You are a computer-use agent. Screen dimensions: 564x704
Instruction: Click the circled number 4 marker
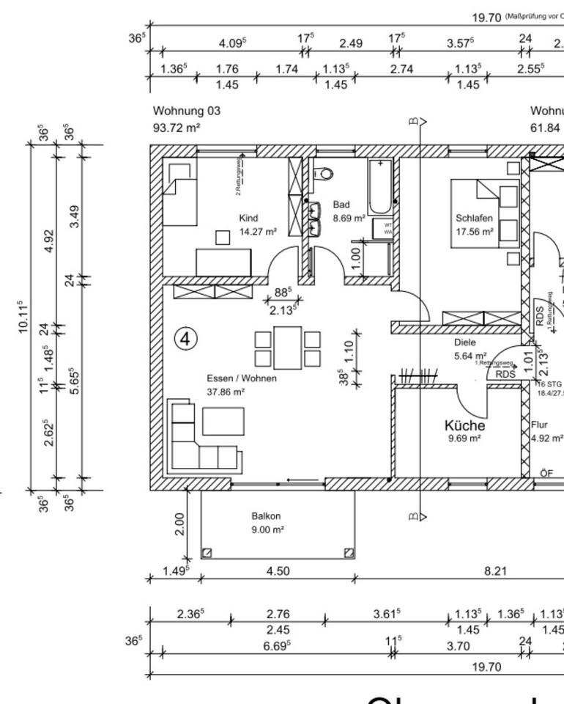(187, 339)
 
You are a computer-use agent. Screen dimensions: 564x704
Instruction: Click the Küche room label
(464, 425)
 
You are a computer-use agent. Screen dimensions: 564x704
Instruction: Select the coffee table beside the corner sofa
(223, 421)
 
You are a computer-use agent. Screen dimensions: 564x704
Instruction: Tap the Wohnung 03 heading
(186, 111)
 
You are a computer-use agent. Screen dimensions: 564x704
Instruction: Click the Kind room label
(249, 218)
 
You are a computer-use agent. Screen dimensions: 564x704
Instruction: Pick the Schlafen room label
(474, 218)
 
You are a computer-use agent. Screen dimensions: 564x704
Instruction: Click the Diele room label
(465, 342)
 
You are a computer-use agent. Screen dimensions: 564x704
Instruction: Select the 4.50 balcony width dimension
(277, 571)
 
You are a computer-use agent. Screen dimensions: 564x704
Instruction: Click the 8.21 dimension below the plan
(496, 571)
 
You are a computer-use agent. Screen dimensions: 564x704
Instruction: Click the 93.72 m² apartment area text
(177, 128)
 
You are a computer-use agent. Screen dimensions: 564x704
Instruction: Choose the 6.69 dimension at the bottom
(278, 645)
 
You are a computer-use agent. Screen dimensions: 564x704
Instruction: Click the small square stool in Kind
(223, 237)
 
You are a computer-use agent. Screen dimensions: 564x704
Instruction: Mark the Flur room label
(539, 424)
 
